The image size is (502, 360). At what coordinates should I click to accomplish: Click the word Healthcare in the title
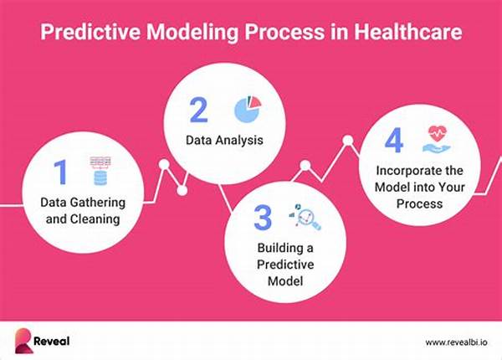tap(407, 32)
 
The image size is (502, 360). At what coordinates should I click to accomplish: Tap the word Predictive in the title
tap(90, 32)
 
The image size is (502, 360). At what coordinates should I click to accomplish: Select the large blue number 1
tap(60, 172)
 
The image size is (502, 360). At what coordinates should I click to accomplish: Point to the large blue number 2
tap(198, 110)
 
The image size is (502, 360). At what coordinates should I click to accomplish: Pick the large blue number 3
tap(263, 218)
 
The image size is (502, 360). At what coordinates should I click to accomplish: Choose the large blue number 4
tap(394, 140)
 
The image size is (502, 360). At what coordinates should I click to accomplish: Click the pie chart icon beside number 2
tap(248, 109)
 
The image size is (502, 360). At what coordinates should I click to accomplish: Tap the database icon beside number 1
tap(100, 172)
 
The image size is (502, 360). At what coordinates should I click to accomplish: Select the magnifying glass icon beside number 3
tap(305, 217)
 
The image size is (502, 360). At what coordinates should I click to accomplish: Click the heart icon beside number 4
tap(437, 139)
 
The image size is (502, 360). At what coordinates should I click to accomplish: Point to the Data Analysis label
tap(224, 141)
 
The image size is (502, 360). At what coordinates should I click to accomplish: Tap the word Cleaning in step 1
tap(95, 219)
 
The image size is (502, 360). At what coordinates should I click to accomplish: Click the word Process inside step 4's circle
tap(419, 203)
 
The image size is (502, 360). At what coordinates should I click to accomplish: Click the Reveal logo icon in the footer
tap(23, 341)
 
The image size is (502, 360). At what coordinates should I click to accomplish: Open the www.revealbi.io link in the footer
tap(457, 342)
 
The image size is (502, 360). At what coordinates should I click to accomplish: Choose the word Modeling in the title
tap(192, 32)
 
